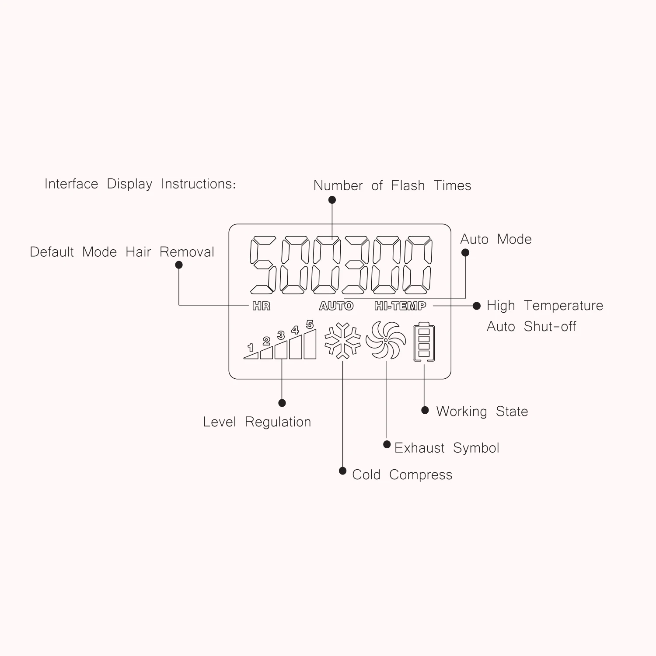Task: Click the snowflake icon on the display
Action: pos(342,341)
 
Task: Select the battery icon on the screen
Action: pos(424,342)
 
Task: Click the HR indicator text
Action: pos(262,306)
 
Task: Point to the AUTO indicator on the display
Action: pos(336,306)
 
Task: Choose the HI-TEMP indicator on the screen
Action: pos(400,306)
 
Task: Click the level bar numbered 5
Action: pos(310,344)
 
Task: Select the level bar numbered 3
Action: pos(281,350)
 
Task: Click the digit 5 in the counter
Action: pos(263,265)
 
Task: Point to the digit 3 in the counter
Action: pos(355,265)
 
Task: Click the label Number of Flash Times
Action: pos(392,186)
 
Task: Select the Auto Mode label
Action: pos(496,239)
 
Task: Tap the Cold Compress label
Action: pos(402,475)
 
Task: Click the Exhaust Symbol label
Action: pos(447,448)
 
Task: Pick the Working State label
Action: pos(482,412)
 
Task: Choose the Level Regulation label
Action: pos(257,422)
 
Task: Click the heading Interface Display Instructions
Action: pos(140,184)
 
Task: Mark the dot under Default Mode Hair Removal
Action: pos(179,265)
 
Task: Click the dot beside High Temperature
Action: pos(477,306)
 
